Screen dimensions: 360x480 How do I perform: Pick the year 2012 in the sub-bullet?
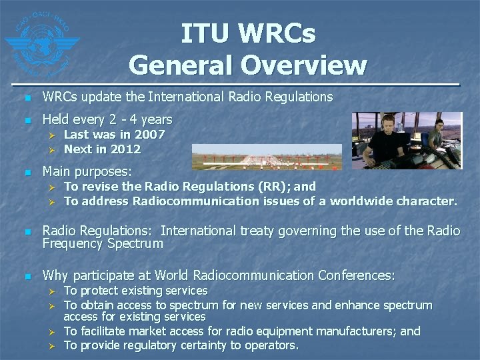(x=127, y=149)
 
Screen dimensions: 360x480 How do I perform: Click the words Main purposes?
(x=87, y=171)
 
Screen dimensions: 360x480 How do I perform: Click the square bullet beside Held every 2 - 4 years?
(x=27, y=121)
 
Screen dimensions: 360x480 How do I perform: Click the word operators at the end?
(x=269, y=345)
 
